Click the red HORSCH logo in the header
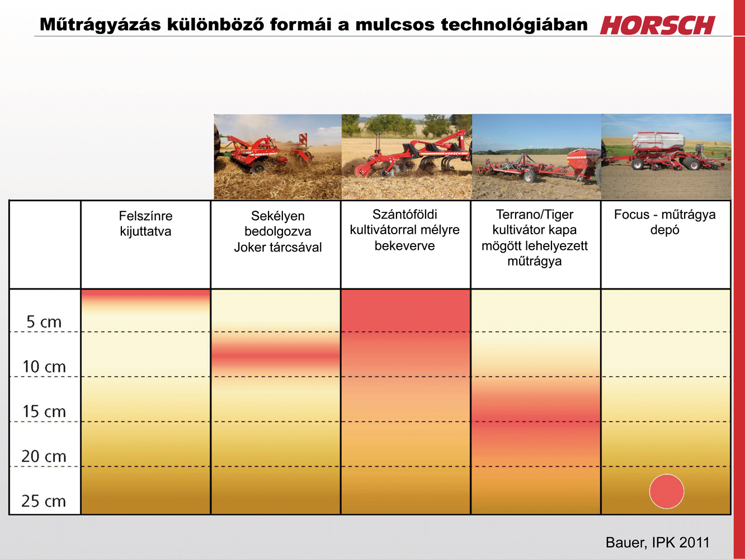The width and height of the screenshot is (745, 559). coord(657,25)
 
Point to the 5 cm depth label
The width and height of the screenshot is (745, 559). coord(44,321)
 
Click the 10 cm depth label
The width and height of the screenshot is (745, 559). coord(44,367)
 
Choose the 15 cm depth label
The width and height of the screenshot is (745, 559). coord(44,411)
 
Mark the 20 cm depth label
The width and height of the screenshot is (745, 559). coord(44,456)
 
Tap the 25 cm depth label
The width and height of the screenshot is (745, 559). coord(44,501)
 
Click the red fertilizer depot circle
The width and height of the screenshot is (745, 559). coord(667,491)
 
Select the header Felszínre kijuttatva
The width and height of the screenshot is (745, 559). coord(145,224)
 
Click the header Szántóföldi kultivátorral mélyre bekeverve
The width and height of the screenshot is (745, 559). coord(404,230)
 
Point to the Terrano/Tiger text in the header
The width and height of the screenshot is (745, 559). coord(535,214)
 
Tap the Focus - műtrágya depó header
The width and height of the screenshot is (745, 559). coord(664,222)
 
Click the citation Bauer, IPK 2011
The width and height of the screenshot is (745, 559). coord(657,542)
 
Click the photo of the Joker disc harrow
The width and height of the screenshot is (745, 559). coord(277,157)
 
